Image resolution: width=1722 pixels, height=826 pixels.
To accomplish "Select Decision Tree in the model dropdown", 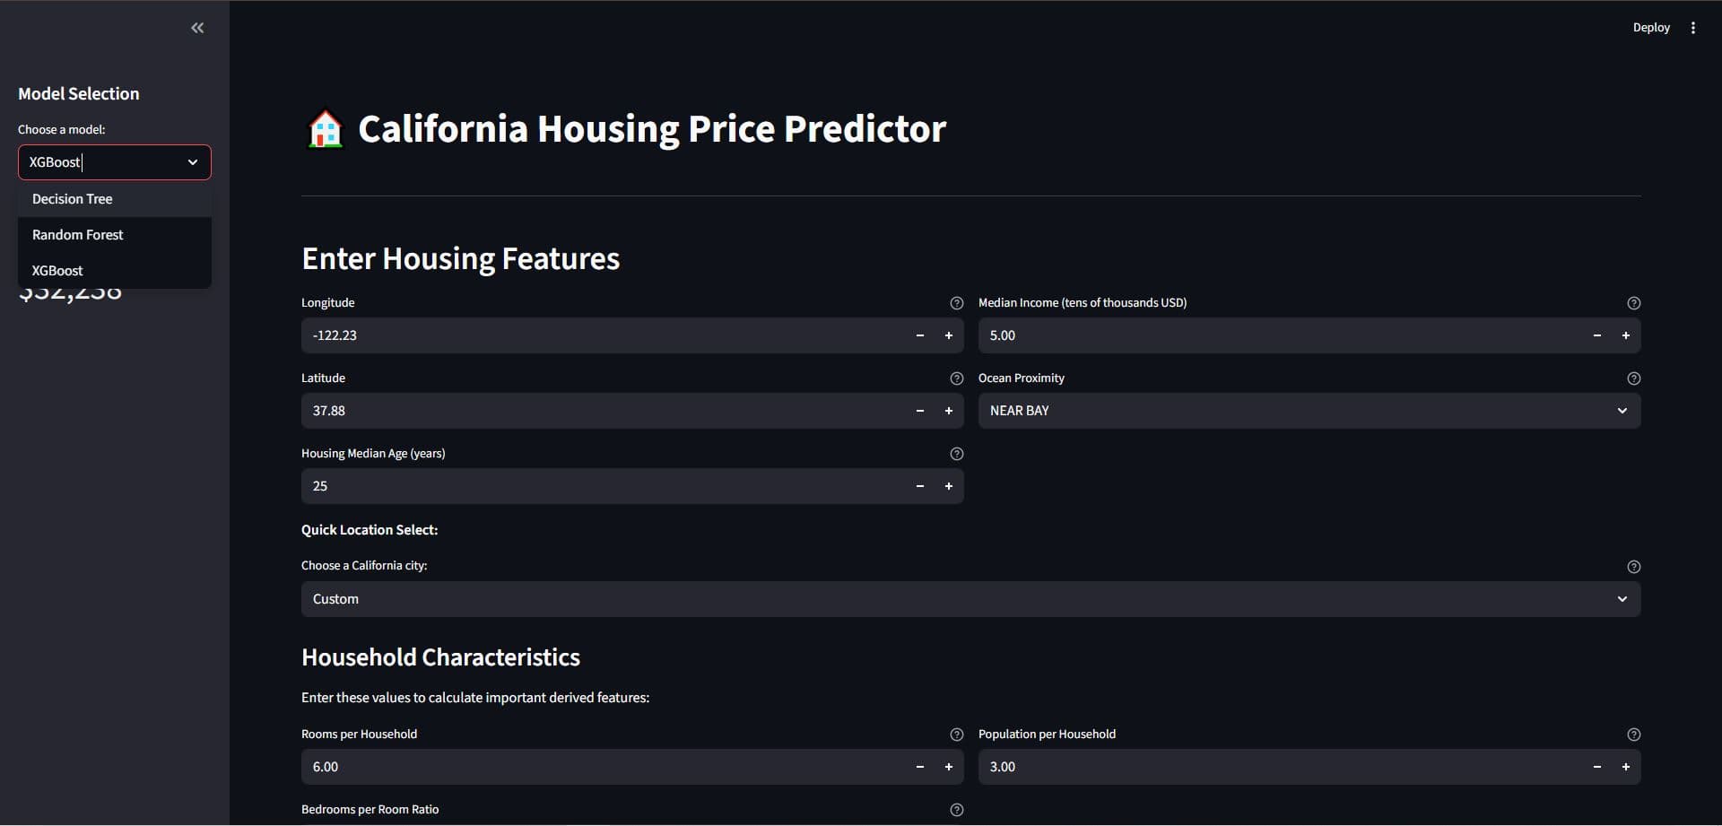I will pos(73,199).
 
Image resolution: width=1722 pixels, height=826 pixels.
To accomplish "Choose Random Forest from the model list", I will pos(78,235).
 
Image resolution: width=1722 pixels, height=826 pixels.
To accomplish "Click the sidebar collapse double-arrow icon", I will pos(197,28).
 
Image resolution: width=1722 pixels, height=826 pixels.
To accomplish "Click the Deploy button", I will pos(1651,28).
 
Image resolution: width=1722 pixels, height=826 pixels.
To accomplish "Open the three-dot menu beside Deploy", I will pos(1693,28).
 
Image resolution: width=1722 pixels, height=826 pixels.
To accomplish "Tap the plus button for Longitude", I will pos(948,335).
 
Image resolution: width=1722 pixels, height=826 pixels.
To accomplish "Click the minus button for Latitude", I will pos(919,411).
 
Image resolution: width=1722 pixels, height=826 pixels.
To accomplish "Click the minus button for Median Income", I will pos(1596,335).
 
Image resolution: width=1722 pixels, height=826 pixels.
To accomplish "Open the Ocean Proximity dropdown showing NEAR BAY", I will pos(1309,411).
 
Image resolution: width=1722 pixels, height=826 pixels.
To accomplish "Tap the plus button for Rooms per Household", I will pos(948,767).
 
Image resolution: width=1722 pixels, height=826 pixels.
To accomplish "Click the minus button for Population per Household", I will pos(1596,767).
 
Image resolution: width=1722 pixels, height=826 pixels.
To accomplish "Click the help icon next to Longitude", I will pos(956,303).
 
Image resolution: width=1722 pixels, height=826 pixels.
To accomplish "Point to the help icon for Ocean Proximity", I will pos(1633,378).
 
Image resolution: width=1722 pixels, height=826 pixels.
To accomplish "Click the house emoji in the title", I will pos(325,129).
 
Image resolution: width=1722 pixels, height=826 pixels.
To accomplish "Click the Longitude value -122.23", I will pos(335,335).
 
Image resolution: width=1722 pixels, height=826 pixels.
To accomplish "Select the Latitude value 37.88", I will pos(329,411).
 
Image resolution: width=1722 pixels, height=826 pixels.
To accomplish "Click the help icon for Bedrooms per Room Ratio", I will pos(956,810).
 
